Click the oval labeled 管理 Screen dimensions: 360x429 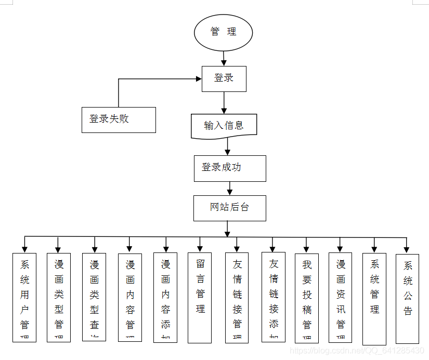pyautogui.click(x=223, y=32)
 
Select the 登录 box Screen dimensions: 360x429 pyautogui.click(x=224, y=79)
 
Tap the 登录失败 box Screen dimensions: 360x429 pyautogui.click(x=119, y=119)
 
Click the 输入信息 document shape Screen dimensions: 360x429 pyautogui.click(x=224, y=126)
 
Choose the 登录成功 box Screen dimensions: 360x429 pyautogui.click(x=230, y=168)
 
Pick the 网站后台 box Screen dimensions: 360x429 pyautogui.click(x=230, y=208)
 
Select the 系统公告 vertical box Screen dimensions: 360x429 pyautogui.click(x=407, y=298)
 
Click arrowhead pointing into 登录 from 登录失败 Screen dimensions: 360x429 pyautogui.click(x=198, y=79)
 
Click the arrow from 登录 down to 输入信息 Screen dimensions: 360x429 pyautogui.click(x=224, y=103)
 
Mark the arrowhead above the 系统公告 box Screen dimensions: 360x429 pyautogui.click(x=407, y=250)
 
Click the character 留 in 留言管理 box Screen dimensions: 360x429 pyautogui.click(x=200, y=264)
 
